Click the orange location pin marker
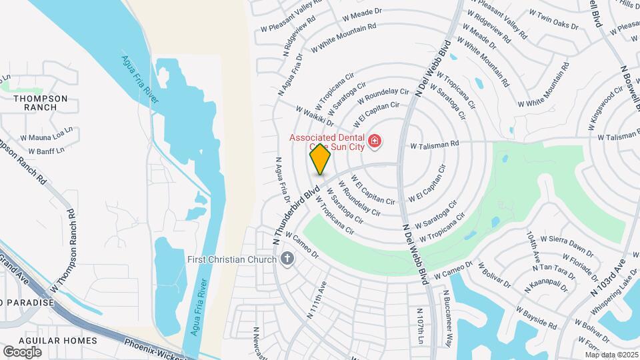320,158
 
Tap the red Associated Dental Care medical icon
375,141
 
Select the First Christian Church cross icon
287,259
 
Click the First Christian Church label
231,259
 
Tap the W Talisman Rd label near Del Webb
435,144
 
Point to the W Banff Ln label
45,151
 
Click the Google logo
22,352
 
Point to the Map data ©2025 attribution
611,355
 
